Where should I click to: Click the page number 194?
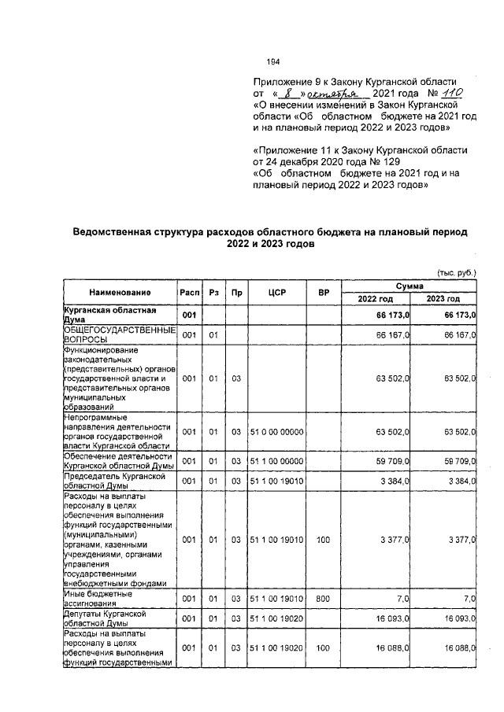274,62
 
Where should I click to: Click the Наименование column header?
120,293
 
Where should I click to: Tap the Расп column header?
189,293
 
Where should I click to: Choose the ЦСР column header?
276,293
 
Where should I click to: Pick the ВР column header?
323,293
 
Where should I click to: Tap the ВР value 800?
323,599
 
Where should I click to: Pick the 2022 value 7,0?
402,599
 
